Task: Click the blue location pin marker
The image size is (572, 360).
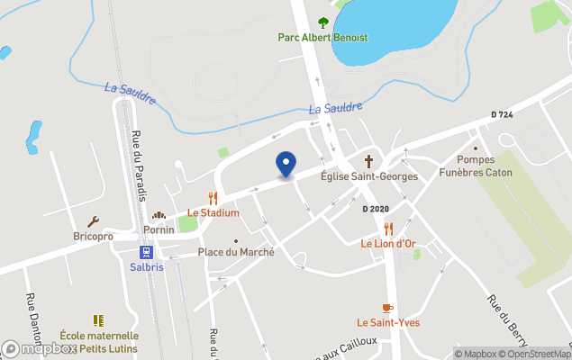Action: point(286,164)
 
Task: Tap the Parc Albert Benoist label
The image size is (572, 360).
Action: point(322,38)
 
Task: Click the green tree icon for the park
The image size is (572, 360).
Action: point(323,22)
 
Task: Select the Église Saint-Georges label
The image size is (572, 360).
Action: point(368,176)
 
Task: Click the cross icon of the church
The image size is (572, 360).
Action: point(368,160)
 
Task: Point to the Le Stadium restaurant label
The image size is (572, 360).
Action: point(213,213)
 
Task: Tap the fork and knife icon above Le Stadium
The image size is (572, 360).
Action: point(213,198)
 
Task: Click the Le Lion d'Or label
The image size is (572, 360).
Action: point(388,244)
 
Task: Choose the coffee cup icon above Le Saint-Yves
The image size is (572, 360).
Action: point(388,308)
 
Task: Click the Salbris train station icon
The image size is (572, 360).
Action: point(146,254)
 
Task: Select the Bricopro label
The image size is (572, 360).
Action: point(93,237)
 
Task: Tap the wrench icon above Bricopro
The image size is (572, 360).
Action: point(93,221)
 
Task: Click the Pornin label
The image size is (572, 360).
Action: point(159,229)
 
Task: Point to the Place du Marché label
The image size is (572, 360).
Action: point(236,253)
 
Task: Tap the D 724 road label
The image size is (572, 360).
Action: point(502,115)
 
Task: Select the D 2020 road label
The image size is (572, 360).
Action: point(376,209)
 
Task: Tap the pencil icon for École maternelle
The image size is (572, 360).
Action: point(98,320)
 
